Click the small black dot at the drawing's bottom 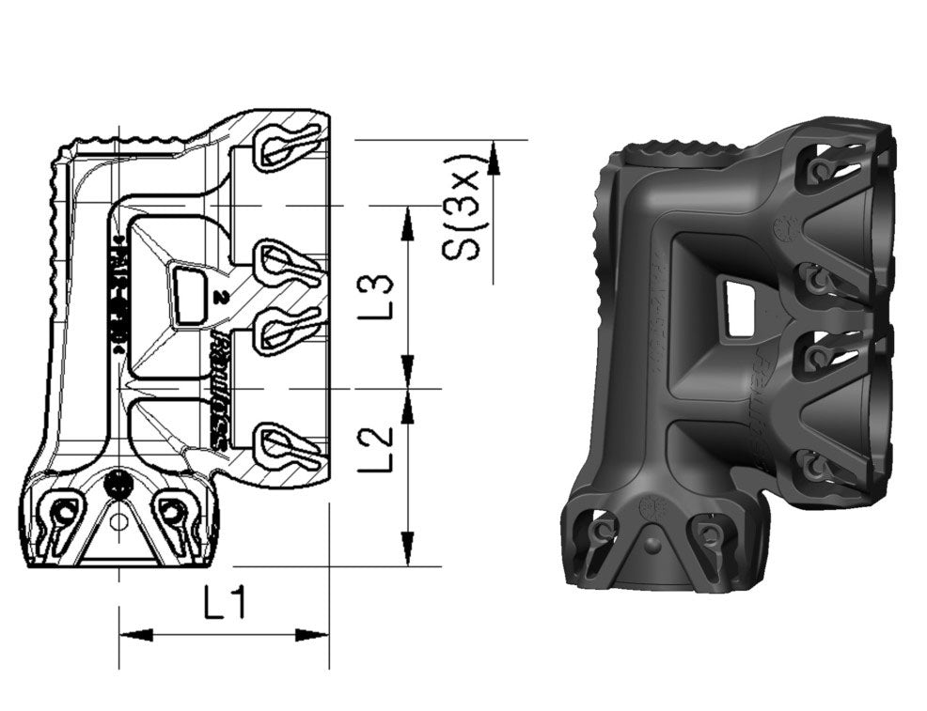(118, 485)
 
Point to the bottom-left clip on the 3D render (598, 536)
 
